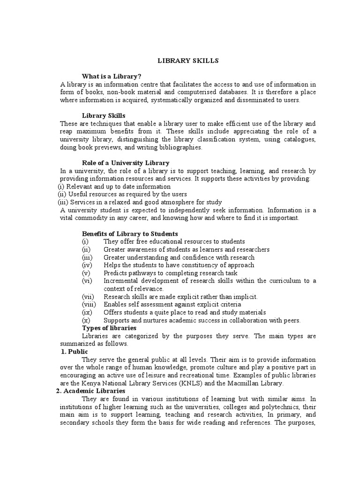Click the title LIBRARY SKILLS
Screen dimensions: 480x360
pyautogui.click(x=181, y=61)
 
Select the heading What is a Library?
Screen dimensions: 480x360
pyautogui.click(x=112, y=76)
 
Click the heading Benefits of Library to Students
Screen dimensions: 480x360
pyautogui.click(x=130, y=233)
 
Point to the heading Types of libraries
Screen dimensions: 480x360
pyautogui.click(x=109, y=328)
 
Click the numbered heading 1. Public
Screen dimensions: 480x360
pyautogui.click(x=75, y=352)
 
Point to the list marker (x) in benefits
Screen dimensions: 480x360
pyautogui.click(x=86, y=320)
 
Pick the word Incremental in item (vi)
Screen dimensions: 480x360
pyautogui.click(x=123, y=281)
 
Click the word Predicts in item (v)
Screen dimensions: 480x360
pyautogui.click(x=116, y=273)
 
